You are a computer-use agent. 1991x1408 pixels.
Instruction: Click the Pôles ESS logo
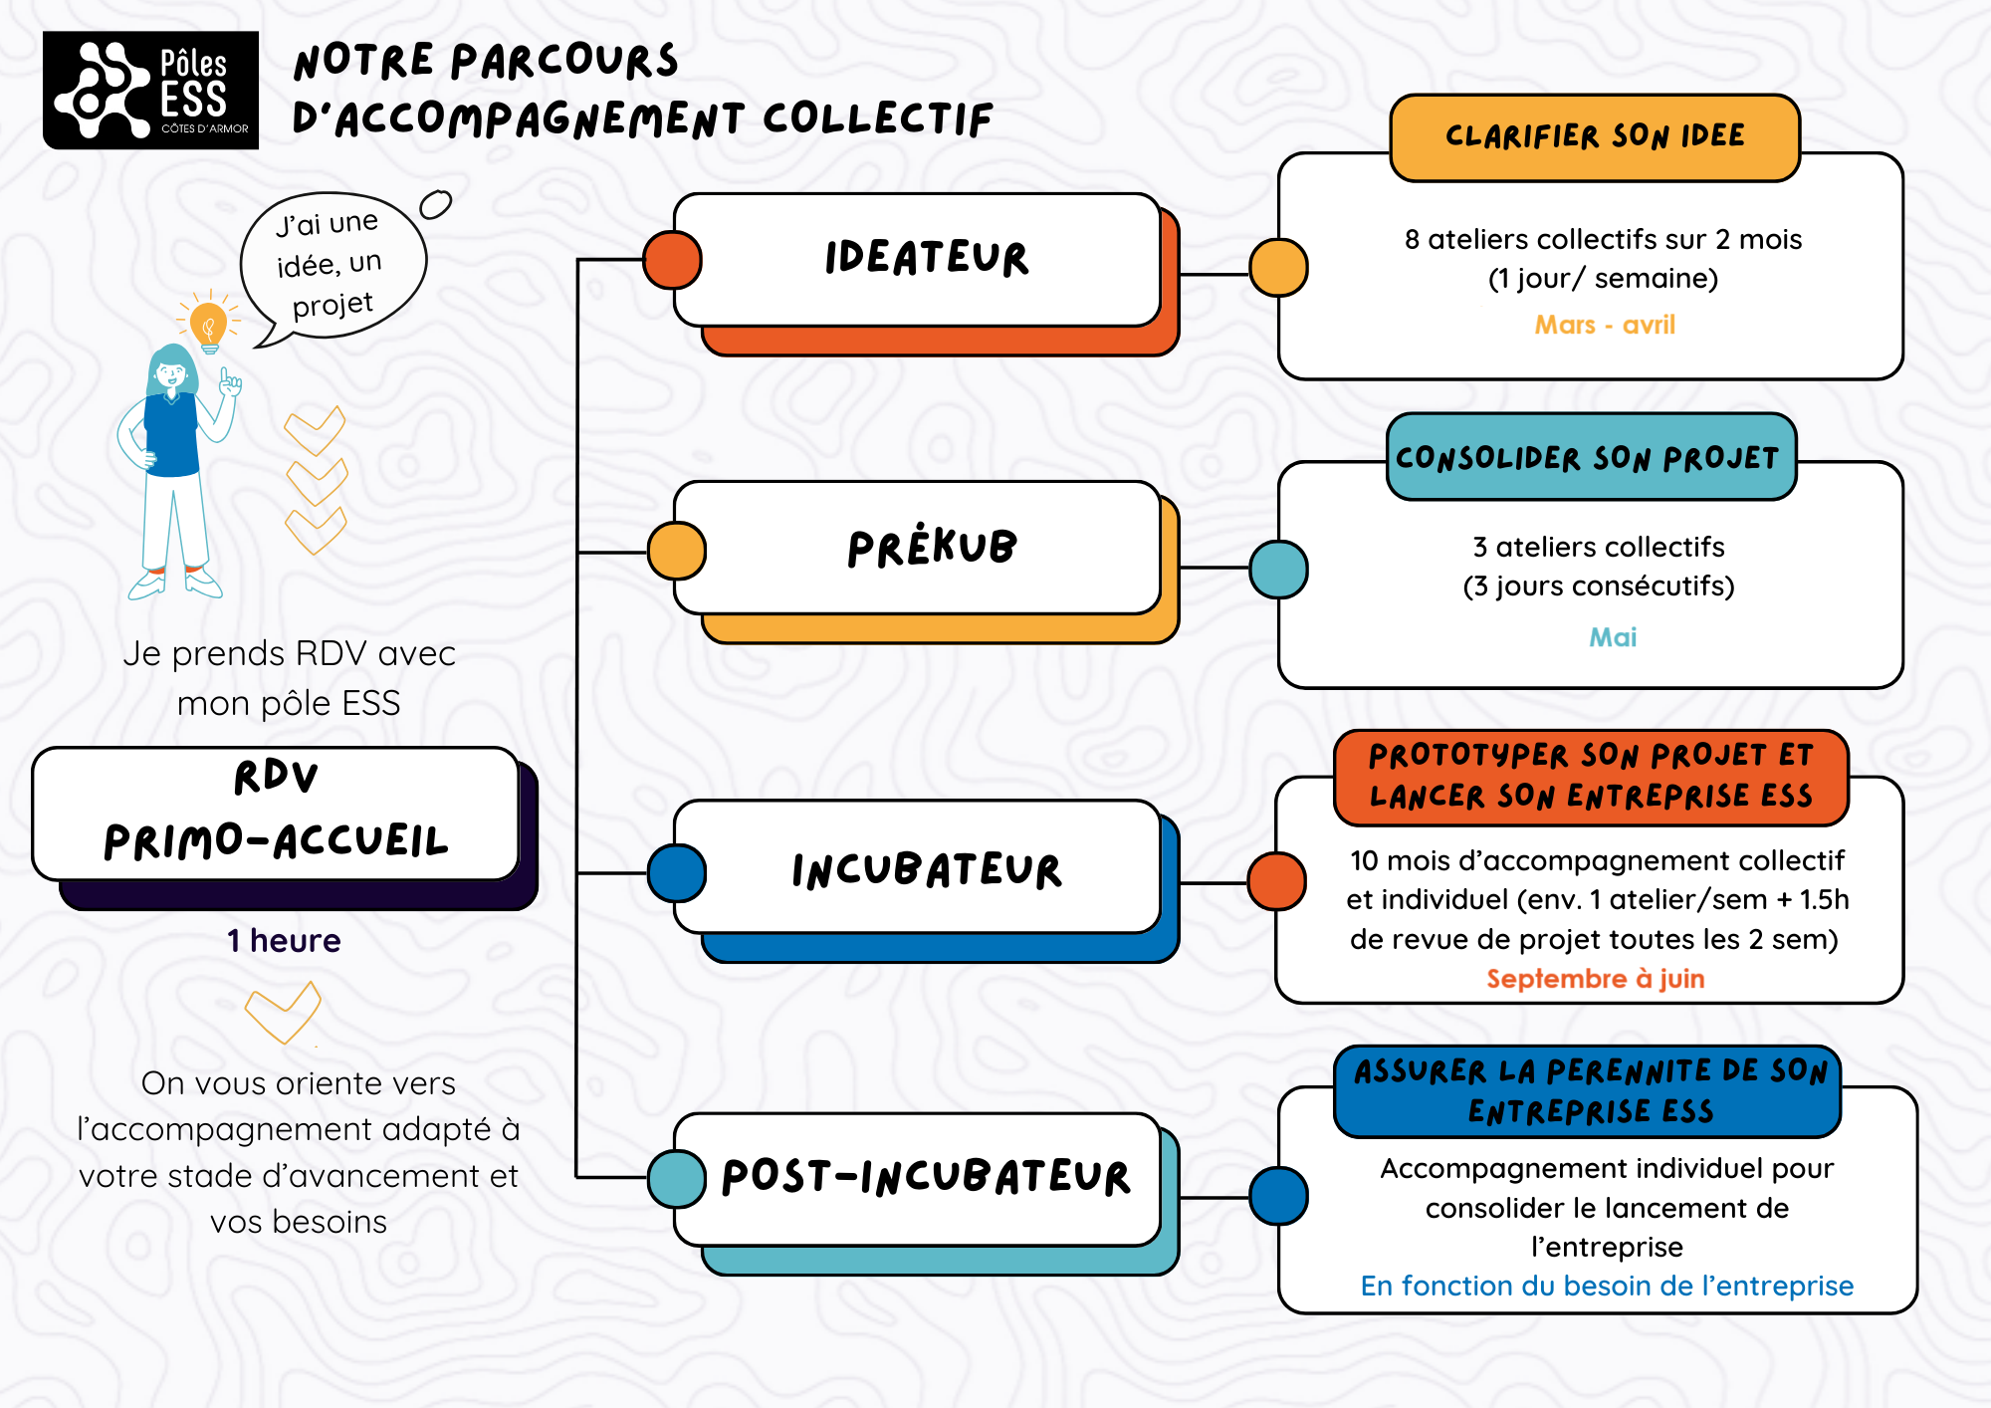[150, 91]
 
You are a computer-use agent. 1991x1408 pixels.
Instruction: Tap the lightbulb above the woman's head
[208, 324]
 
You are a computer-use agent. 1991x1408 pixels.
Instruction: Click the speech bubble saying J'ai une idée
[332, 263]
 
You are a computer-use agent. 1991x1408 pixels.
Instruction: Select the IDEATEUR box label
[926, 259]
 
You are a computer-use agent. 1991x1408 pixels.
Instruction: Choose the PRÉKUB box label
[931, 548]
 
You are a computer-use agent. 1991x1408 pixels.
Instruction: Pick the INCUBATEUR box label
[926, 870]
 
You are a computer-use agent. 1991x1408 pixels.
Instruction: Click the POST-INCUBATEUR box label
[926, 1177]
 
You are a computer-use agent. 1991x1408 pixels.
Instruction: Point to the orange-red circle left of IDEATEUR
[673, 260]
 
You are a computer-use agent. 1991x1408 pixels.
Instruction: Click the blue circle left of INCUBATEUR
[677, 873]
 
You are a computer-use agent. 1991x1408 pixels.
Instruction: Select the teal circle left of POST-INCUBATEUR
[677, 1178]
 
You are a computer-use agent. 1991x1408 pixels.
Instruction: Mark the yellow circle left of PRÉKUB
[677, 551]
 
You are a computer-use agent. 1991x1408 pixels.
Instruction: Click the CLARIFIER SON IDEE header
[1595, 137]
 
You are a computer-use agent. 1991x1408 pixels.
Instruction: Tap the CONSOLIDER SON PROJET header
[1590, 458]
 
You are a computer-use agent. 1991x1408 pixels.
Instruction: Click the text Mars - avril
[1605, 325]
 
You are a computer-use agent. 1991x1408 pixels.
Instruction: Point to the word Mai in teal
[1613, 637]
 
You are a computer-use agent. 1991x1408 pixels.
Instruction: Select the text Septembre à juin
[1595, 979]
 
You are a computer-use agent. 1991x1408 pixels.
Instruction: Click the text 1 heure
[284, 941]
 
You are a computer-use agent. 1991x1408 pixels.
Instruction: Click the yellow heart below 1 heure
[284, 1013]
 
